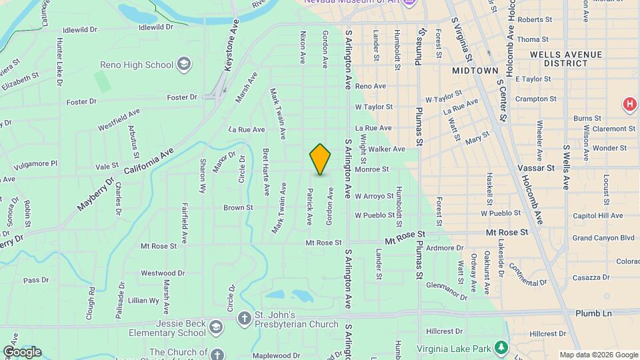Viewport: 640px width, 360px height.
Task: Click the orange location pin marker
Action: tap(320, 159)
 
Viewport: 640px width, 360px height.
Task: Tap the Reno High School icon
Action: tap(184, 65)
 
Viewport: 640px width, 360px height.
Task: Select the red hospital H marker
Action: tap(628, 104)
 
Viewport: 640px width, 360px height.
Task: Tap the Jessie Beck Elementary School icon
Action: tap(215, 327)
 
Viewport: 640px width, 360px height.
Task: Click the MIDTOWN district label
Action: tap(475, 70)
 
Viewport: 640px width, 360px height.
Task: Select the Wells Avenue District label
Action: tap(565, 59)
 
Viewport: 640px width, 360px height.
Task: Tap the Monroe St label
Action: tap(371, 169)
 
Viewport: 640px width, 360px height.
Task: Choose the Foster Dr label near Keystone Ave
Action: tap(182, 97)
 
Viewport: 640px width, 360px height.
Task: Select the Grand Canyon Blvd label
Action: tap(603, 237)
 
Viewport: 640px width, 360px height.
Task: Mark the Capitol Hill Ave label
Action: tap(597, 215)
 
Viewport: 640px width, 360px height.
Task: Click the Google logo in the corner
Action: tap(22, 351)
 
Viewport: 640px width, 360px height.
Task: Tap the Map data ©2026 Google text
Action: tap(598, 355)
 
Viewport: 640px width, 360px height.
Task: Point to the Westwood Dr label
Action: tap(163, 273)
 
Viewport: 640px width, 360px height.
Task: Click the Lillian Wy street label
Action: tap(144, 301)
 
